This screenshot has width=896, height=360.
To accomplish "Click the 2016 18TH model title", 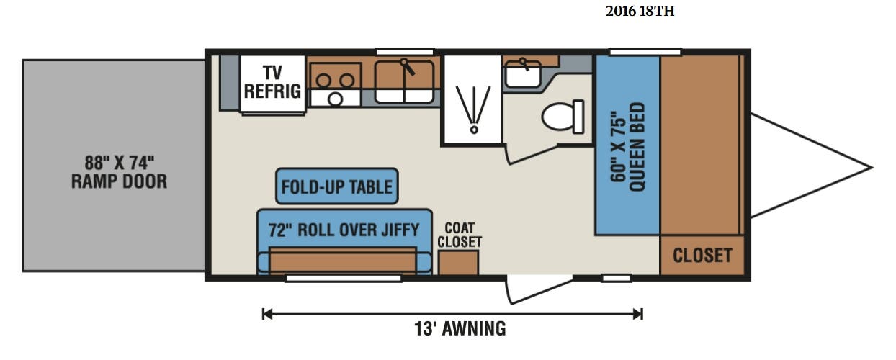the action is coord(640,12).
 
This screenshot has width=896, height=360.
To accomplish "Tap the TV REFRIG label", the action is coord(272,82).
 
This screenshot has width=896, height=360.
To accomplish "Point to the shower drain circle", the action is coord(474,130).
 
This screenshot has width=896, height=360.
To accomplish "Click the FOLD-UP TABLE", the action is coord(337,186).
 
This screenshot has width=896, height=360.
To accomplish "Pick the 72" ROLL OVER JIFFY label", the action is coord(344,230).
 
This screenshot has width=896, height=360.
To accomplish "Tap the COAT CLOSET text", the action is coord(460,235).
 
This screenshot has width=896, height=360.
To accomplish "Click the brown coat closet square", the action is coord(458,263).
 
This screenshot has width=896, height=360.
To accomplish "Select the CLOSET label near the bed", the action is coord(702,255).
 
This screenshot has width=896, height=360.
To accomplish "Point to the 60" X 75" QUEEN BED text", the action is coord(627,147).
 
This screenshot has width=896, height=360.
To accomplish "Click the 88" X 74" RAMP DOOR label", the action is coord(119,172).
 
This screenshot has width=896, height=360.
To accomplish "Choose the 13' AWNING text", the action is coord(460,328).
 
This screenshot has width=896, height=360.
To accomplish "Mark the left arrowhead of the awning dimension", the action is coord(266,314).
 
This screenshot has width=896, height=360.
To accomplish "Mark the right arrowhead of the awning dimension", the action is coord(638,314).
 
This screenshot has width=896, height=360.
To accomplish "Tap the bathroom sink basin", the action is coord(523,75).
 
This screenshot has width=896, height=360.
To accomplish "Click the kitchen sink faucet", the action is coord(408,67).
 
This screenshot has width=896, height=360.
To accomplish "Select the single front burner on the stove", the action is coord(335,99).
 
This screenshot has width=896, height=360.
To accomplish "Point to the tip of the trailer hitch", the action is coord(872,168).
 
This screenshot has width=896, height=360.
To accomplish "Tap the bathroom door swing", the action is coord(532,154).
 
